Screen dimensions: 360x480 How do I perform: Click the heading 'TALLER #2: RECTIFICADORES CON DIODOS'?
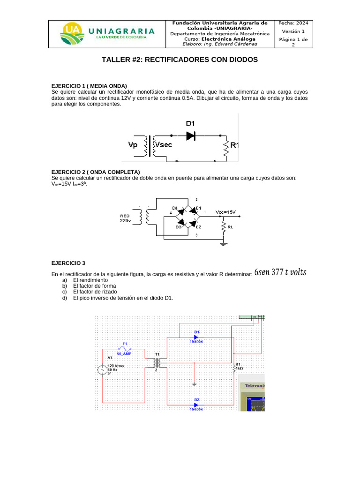[x=180, y=60]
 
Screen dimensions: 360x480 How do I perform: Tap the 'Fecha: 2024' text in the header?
[x=293, y=23]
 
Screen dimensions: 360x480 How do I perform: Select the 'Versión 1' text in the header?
[x=293, y=31]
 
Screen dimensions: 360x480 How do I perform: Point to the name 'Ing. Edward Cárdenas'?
[x=230, y=45]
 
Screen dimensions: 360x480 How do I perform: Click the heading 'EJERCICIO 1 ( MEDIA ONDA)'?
[x=89, y=86]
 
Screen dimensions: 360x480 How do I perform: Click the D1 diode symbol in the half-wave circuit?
[x=190, y=135]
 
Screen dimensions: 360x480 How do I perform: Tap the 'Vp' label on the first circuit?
[x=134, y=145]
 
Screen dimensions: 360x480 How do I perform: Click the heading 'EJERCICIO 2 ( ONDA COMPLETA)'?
[x=96, y=172]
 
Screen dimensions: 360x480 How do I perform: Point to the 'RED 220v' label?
[x=125, y=218]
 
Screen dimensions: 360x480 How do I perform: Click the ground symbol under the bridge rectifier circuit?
[x=224, y=243]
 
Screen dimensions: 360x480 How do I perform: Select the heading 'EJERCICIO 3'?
[x=68, y=263]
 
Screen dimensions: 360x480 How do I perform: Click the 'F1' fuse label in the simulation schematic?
[x=125, y=344]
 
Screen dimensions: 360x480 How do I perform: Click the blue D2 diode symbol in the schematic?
[x=196, y=404]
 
